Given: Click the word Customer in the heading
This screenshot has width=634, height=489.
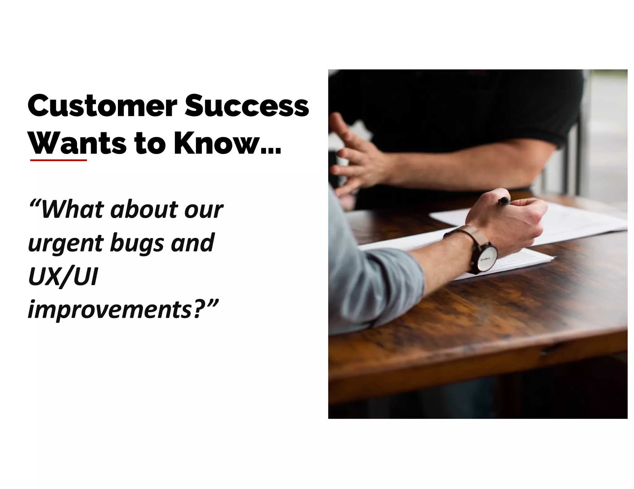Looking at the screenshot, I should pyautogui.click(x=102, y=106).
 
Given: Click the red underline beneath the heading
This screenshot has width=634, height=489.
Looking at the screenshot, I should pyautogui.click(x=59, y=160).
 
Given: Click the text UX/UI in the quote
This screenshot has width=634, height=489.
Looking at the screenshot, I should pyautogui.click(x=63, y=277).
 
